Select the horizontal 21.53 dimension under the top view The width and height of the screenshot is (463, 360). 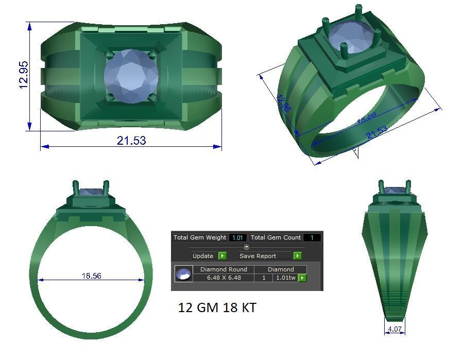(131, 140)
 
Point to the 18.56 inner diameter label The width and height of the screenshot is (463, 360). (91, 276)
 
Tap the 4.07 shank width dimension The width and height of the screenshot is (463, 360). (395, 329)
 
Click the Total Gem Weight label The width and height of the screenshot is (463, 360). (200, 237)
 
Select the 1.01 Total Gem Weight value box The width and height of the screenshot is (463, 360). (237, 237)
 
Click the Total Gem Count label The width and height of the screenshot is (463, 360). (276, 237)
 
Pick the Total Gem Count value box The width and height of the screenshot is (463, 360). (312, 237)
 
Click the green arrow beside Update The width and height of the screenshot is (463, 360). (222, 255)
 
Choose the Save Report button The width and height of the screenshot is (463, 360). (265, 255)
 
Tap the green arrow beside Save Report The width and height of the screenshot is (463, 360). (297, 255)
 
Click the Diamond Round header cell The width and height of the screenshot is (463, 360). (224, 269)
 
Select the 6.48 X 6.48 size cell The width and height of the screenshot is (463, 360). (224, 278)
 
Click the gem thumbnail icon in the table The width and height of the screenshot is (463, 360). (183, 274)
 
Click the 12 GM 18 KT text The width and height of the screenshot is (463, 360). (217, 307)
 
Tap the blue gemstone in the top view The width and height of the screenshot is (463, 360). (130, 76)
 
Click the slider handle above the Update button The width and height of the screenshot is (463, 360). (246, 247)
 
